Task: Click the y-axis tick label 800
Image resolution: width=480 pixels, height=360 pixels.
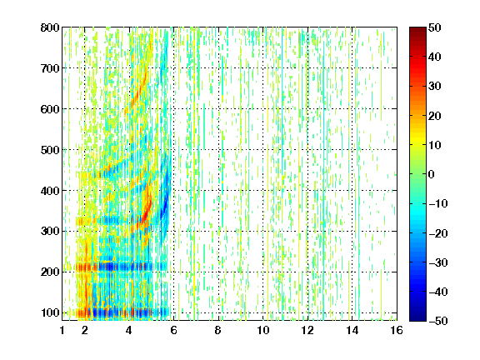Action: pos(50,27)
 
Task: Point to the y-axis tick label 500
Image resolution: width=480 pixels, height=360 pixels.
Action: pos(50,150)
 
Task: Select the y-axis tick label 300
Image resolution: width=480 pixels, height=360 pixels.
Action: pos(50,232)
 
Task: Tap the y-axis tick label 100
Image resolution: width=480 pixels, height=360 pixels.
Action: pos(50,312)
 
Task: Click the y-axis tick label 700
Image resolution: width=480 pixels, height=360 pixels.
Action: pos(50,68)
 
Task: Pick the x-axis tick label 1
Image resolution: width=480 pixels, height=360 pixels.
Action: pos(62,330)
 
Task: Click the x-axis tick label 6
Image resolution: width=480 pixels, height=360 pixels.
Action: pos(174,330)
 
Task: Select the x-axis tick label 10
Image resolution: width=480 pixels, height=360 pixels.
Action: pos(263,330)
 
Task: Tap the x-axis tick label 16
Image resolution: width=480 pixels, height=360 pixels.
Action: pos(397,330)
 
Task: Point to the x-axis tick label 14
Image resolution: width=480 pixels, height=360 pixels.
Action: pos(352,330)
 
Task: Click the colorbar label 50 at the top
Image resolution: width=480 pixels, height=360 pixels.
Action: pos(435,27)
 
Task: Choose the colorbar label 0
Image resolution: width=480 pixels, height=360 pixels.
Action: pos(432,174)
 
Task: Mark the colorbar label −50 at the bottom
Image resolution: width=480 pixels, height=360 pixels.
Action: pos(438,321)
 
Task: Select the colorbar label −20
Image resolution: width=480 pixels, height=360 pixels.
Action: pos(438,233)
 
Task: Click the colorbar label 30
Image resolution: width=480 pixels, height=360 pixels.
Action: pos(435,87)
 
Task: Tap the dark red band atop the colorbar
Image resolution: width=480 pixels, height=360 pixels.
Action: pos(417,33)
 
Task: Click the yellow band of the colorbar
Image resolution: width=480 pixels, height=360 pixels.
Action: pos(417,139)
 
